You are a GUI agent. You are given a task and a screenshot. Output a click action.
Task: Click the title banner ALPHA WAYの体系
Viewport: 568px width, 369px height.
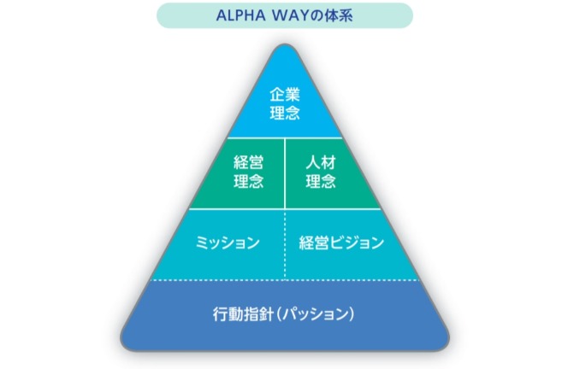[x=283, y=15]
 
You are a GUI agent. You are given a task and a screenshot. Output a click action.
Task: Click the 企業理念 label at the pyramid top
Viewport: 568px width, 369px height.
[x=284, y=102]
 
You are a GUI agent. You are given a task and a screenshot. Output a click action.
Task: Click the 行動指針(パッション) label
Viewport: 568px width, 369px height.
[x=283, y=313]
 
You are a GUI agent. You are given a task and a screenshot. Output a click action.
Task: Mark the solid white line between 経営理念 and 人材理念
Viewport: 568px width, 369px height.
[x=284, y=173]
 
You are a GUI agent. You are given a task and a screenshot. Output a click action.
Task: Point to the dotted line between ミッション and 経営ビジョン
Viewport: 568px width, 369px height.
[x=285, y=243]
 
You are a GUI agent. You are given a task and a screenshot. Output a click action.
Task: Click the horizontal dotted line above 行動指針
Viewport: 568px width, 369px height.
[x=283, y=279]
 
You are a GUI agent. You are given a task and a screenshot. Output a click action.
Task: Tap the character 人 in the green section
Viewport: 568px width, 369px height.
[x=312, y=161]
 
